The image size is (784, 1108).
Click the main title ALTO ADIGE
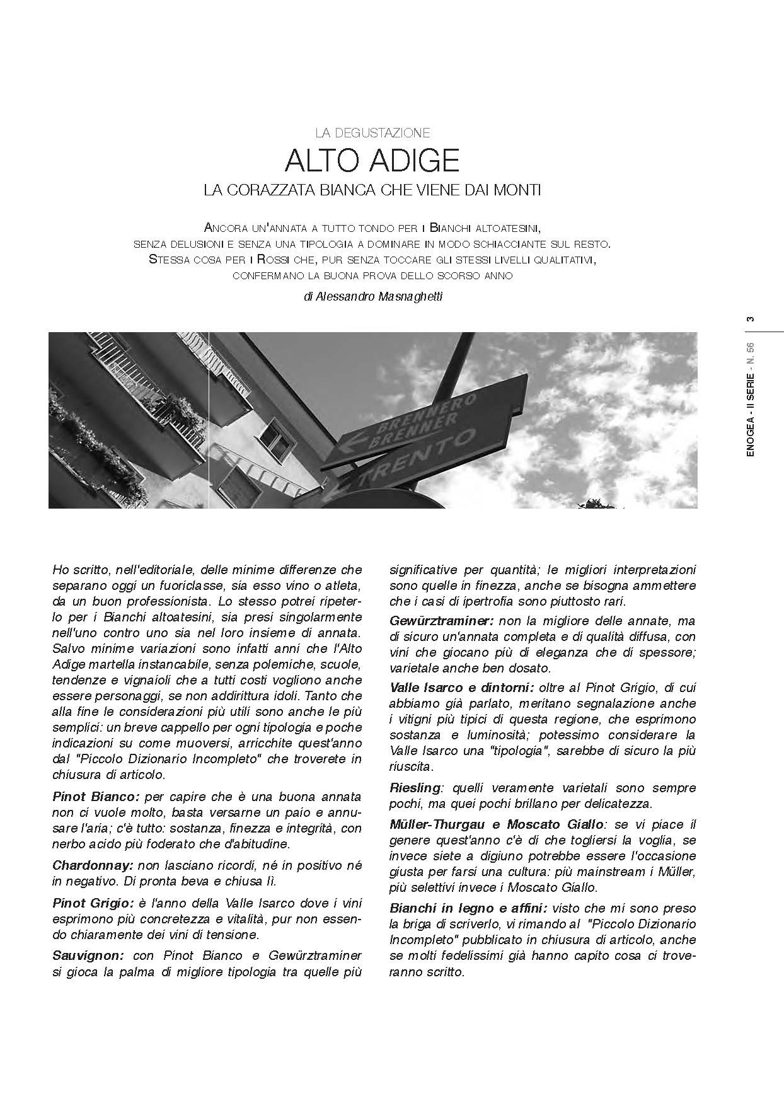pos(372,161)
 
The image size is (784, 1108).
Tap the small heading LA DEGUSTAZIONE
pos(372,133)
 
